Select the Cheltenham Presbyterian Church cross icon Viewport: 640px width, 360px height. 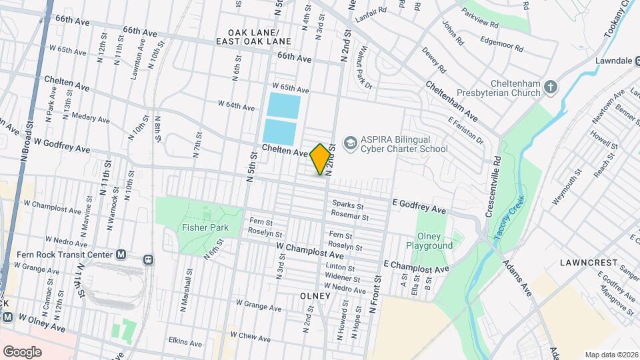(551, 87)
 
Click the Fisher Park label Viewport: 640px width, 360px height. (205, 227)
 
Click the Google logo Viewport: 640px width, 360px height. (22, 351)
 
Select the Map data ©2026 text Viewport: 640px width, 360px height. (611, 355)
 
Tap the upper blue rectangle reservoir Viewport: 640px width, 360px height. (283, 105)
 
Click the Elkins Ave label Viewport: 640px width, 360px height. (186, 343)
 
